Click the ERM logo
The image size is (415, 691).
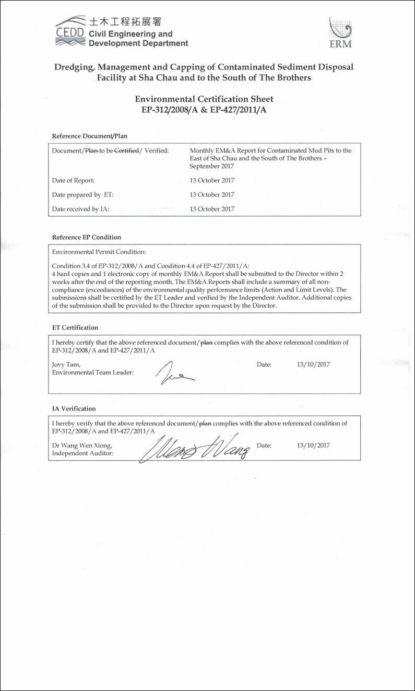click(340, 33)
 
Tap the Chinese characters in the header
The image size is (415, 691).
click(125, 22)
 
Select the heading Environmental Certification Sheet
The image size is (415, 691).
click(204, 99)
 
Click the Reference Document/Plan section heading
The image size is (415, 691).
click(90, 136)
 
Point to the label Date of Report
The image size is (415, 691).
click(74, 180)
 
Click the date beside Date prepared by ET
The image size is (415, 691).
click(212, 194)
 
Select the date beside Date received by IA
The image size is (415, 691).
click(212, 208)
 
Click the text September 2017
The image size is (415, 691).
click(212, 166)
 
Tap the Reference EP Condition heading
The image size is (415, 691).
click(87, 237)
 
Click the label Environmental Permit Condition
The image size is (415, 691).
click(99, 252)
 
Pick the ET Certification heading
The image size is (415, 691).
click(75, 327)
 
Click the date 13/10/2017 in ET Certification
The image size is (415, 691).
click(313, 364)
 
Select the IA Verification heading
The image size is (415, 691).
click(74, 408)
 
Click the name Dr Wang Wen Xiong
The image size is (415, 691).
click(82, 446)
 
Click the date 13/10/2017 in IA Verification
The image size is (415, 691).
click(313, 446)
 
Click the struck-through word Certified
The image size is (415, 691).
click(126, 150)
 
